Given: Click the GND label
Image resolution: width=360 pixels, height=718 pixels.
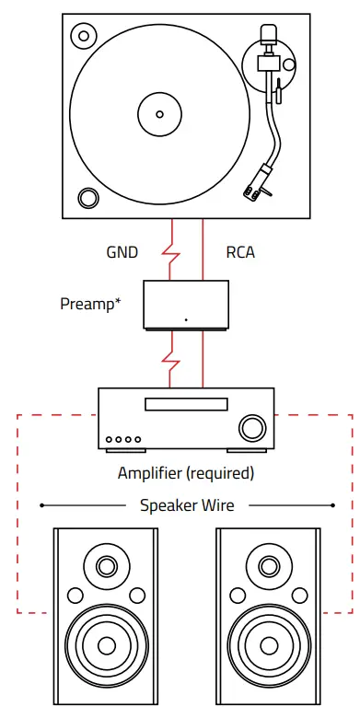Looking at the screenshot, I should pyautogui.click(x=124, y=251).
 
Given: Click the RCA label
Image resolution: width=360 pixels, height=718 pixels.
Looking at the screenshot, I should pyautogui.click(x=240, y=251).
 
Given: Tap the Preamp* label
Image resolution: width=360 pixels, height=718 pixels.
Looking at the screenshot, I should pyautogui.click(x=91, y=304).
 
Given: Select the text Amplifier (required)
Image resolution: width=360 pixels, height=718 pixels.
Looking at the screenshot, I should pyautogui.click(x=185, y=473).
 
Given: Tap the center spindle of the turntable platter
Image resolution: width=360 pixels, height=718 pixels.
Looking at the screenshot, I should pyautogui.click(x=159, y=114).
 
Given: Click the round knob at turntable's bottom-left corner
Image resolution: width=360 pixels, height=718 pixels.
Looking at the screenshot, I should pyautogui.click(x=89, y=197).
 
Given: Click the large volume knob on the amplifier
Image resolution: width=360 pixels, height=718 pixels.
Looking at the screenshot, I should pyautogui.click(x=250, y=427).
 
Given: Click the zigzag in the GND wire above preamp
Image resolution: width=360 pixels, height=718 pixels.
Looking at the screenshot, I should pyautogui.click(x=169, y=251).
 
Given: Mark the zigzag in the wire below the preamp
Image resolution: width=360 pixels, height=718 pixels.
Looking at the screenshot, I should pyautogui.click(x=169, y=351).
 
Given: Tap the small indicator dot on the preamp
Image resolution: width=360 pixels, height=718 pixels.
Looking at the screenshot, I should pyautogui.click(x=185, y=320).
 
